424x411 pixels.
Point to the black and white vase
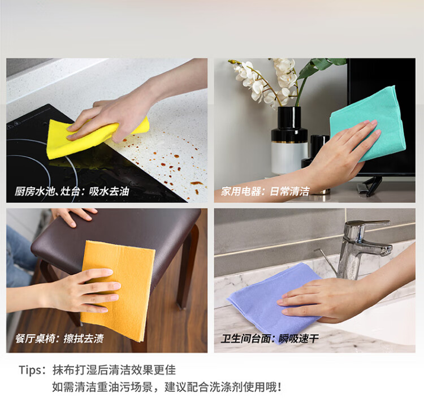(x=289, y=140)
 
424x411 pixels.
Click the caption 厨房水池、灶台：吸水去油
(x=72, y=192)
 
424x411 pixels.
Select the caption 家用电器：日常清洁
(x=265, y=192)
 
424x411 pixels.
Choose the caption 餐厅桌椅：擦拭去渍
(x=59, y=339)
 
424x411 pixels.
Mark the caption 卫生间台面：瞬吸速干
(x=270, y=339)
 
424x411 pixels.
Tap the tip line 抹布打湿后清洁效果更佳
(x=114, y=370)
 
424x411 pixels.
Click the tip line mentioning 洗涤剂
(x=167, y=387)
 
